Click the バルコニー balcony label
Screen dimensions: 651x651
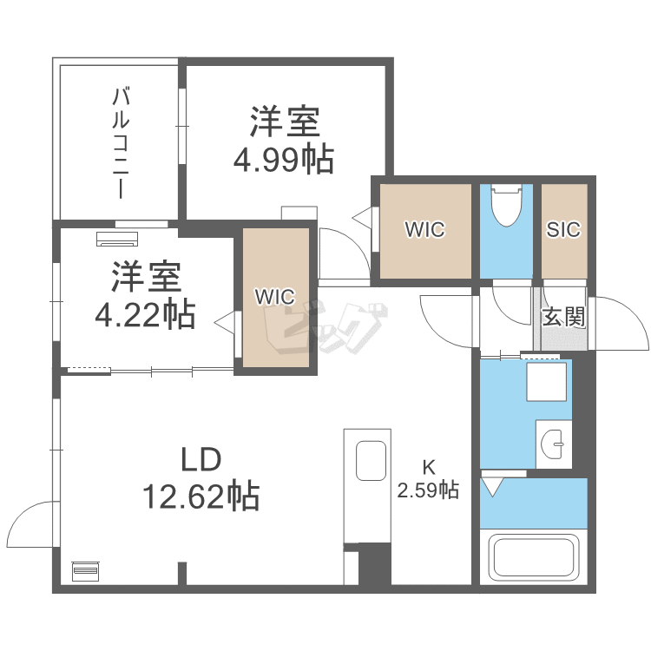[x=120, y=143]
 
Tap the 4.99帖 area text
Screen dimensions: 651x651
[x=283, y=160]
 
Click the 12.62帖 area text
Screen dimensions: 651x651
[x=201, y=496]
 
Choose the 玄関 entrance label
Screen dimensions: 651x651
[x=563, y=317]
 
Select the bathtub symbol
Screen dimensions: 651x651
[x=534, y=559]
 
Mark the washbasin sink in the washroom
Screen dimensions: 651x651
[x=553, y=445]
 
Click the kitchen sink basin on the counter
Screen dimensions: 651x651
[x=372, y=460]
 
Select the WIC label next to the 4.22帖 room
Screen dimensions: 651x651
[x=275, y=295]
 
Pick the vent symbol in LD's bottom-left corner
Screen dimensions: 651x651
[x=86, y=571]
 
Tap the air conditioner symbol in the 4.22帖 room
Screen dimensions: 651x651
[x=116, y=238]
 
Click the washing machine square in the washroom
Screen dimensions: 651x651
[x=547, y=381]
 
